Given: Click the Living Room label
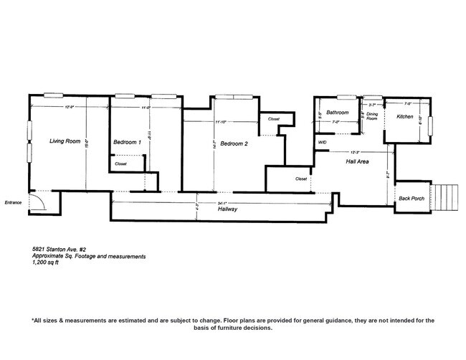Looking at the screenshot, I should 64,141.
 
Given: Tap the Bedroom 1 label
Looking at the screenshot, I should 127,143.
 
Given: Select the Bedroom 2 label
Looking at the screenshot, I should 234,144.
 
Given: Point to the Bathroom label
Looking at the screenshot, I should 337,113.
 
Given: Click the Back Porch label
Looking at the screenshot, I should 412,198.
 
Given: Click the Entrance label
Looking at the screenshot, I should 13,202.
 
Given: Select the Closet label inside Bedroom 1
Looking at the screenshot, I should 120,164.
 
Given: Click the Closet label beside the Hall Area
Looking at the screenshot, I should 301,179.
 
